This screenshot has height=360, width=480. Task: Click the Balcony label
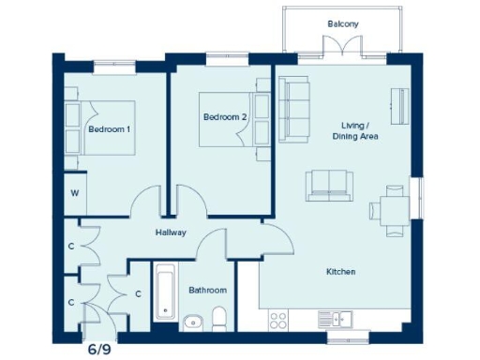[x=342, y=23]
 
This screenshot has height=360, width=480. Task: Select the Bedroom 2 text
[x=224, y=117]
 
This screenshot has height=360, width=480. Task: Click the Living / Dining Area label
[x=354, y=130]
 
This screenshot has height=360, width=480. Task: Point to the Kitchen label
[x=340, y=272]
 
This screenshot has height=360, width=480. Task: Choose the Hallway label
[x=171, y=232]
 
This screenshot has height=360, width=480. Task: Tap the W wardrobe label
[x=73, y=196]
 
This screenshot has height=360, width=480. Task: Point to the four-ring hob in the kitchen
[x=278, y=320]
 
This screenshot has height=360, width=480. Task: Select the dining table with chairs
[x=392, y=207]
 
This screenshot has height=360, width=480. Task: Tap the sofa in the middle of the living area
[x=329, y=185]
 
